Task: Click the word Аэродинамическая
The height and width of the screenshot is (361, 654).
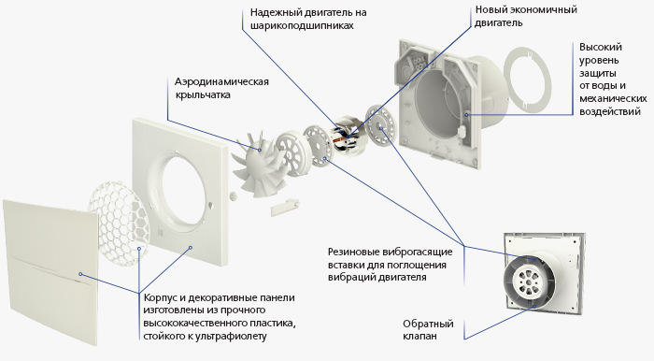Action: pos(221,81)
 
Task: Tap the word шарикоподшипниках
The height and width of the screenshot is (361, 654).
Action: pos(302,25)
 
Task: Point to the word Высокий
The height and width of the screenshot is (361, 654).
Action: pos(600,47)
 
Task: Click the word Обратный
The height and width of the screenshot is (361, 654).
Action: pos(428,324)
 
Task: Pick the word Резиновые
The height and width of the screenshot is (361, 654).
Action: pos(354,253)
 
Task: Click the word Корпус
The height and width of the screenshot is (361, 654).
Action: pos(161,298)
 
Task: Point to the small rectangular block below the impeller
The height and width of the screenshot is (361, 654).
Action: pos(285,208)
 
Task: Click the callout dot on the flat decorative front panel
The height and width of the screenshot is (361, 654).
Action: pos(80,274)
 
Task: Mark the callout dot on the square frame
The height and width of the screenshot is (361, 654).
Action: pos(191,247)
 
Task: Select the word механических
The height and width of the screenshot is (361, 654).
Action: pos(613,99)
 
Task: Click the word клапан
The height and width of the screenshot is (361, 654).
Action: pos(420,337)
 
